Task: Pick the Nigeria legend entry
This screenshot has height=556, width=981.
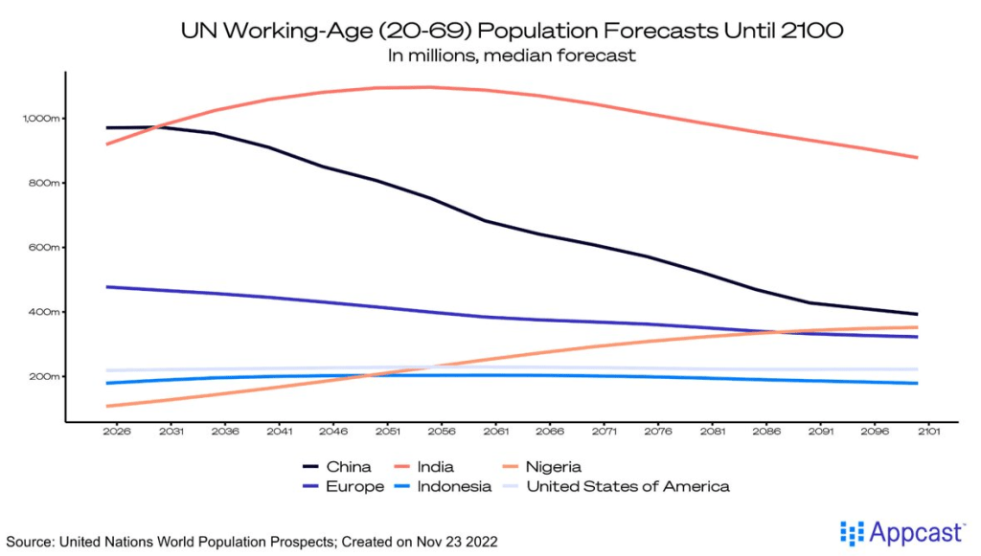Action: pos(553,467)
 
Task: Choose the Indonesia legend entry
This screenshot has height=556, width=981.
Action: pos(455,486)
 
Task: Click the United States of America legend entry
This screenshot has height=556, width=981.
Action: pos(627,486)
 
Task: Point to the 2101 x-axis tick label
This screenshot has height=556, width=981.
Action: pos(928,432)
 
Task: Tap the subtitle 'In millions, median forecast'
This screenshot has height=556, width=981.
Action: pos(512,56)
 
